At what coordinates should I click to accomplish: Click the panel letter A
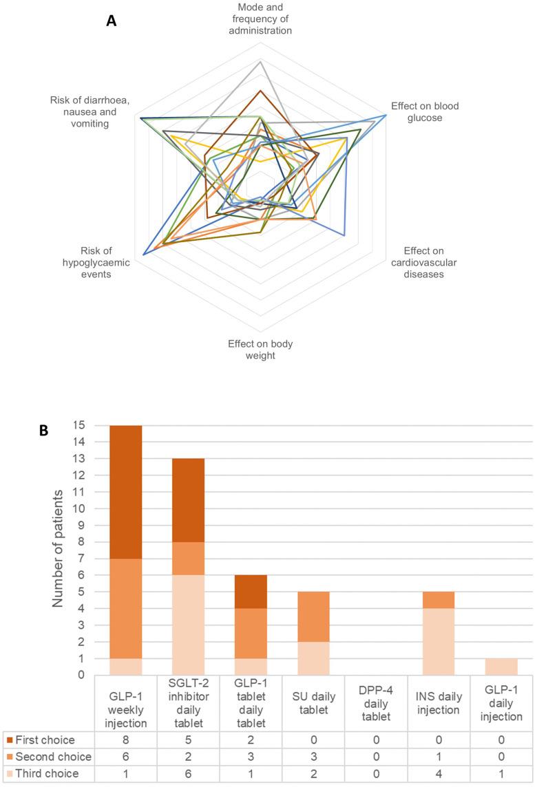[111, 21]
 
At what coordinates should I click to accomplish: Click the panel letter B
[43, 430]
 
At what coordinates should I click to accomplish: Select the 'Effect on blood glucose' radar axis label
[424, 111]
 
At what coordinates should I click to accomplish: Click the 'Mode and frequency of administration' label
[260, 19]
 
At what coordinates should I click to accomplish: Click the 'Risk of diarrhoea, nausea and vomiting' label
[90, 111]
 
